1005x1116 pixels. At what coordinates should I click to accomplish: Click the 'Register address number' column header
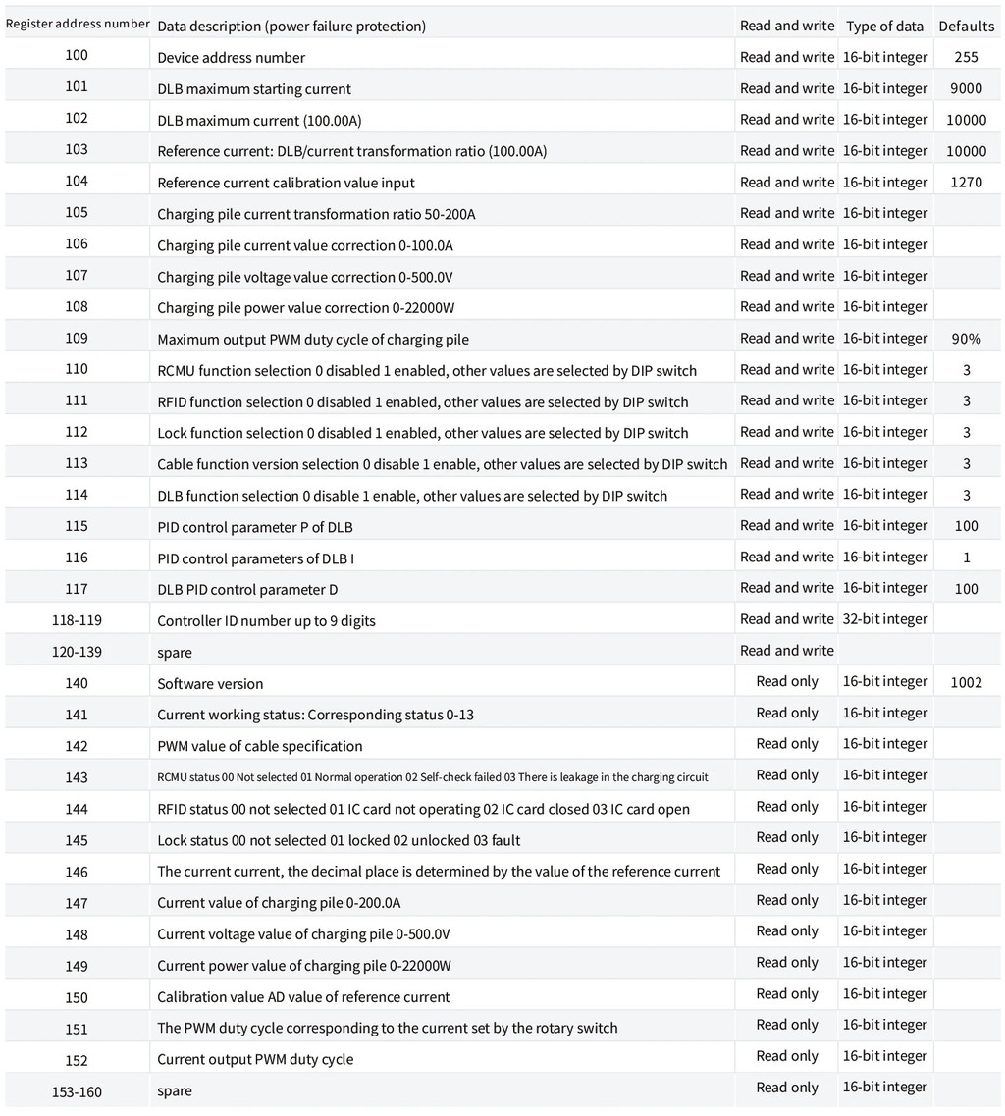tap(77, 24)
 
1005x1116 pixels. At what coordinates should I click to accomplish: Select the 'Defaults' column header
tap(966, 27)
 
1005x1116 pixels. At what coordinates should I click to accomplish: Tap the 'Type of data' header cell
tap(884, 27)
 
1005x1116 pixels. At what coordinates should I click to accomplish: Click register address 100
tap(77, 55)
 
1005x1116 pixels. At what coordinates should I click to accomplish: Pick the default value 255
tap(966, 57)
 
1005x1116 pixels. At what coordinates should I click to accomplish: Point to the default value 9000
tap(966, 88)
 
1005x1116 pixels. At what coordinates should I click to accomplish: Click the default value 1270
tap(966, 183)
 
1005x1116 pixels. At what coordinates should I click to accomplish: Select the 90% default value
tap(966, 339)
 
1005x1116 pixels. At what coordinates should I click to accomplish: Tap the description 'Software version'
tap(210, 684)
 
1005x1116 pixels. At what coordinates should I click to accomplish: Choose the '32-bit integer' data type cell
tap(884, 619)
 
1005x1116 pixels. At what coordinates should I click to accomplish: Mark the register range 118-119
tap(77, 620)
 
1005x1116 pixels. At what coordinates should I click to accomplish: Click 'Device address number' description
tap(231, 58)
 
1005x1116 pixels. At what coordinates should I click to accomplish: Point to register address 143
tap(77, 777)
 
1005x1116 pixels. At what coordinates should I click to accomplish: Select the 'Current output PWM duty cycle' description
tap(255, 1060)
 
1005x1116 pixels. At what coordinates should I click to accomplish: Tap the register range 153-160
tap(77, 1091)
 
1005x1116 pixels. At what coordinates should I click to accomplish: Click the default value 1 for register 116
tap(966, 558)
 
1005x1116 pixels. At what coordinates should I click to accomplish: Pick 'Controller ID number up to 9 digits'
tap(266, 621)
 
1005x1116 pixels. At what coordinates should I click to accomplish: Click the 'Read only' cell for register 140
tap(787, 682)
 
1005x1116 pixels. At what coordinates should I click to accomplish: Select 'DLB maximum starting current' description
tap(253, 89)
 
